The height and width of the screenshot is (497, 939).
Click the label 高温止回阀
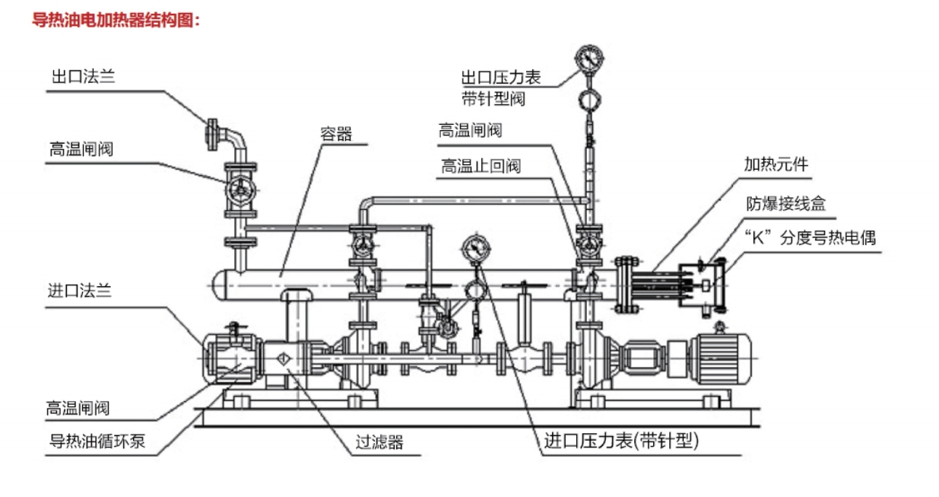tap(481, 167)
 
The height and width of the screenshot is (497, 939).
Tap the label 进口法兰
tap(80, 290)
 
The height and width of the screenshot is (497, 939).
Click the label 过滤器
tap(379, 441)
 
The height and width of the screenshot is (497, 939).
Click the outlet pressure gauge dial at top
tap(590, 58)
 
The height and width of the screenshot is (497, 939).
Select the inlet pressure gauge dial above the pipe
tap(476, 248)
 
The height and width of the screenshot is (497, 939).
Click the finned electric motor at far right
tap(719, 352)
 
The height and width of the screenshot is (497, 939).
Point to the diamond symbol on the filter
tap(282, 358)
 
